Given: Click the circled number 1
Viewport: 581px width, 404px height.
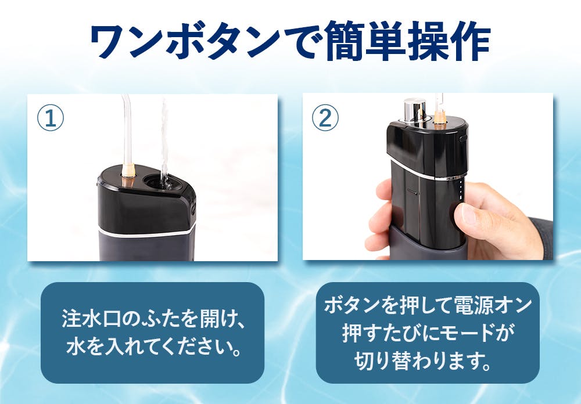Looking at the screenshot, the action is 51,118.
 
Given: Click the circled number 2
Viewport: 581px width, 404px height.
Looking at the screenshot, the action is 325,118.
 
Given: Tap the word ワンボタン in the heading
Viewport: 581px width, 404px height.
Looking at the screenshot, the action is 185,41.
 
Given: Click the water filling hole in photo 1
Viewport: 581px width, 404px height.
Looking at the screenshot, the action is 160,182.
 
